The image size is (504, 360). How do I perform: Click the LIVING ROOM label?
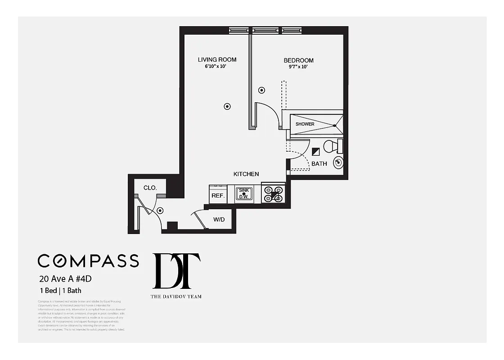217,59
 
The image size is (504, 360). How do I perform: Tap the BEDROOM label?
298,60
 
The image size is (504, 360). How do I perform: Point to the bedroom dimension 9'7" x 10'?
298,67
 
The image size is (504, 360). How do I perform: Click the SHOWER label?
305,124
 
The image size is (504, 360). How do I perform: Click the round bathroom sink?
338,162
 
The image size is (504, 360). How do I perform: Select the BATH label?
319,164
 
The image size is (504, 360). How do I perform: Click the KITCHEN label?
246,174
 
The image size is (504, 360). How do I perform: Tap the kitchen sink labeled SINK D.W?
244,194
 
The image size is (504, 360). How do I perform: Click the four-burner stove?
273,193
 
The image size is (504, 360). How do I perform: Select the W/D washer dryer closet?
219,220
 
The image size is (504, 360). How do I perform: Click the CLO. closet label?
150,188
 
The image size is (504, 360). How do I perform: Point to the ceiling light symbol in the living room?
227,107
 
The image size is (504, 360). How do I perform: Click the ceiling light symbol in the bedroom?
261,90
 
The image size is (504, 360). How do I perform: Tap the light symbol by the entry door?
160,210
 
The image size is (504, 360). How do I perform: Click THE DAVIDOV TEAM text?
176,296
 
